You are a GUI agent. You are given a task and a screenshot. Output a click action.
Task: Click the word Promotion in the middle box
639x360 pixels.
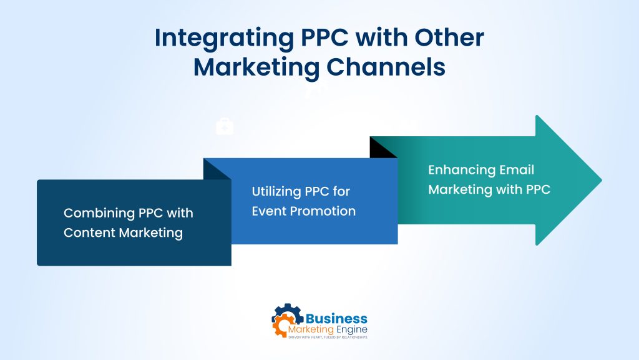coord(323,211)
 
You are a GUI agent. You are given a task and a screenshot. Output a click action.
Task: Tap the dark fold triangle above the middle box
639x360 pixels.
coord(216,169)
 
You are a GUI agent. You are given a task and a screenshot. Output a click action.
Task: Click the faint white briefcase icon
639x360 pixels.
coord(225,126)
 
